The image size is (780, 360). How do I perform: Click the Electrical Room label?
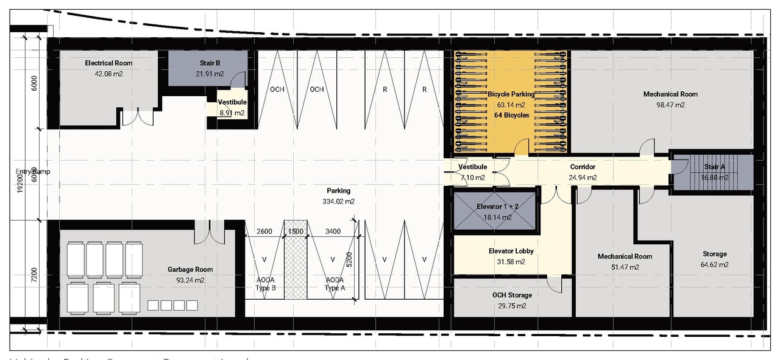pyautogui.click(x=108, y=63)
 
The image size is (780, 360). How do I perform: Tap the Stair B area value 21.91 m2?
pyautogui.click(x=210, y=74)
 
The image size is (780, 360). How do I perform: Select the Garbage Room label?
pyautogui.click(x=190, y=269)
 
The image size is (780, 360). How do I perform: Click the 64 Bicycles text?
pyautogui.click(x=511, y=115)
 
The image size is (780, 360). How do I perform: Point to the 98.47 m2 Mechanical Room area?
pyautogui.click(x=670, y=105)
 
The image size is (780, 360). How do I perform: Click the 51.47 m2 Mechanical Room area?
pyautogui.click(x=625, y=267)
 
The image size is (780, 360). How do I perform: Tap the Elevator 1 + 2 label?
pyautogui.click(x=497, y=207)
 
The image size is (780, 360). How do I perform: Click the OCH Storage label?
pyautogui.click(x=512, y=295)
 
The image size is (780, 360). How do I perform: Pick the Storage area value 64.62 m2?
pyautogui.click(x=714, y=265)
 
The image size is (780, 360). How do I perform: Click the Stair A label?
pyautogui.click(x=714, y=167)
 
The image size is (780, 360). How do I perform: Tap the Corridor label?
pyautogui.click(x=583, y=167)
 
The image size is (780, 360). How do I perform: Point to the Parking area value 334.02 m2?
pyautogui.click(x=338, y=202)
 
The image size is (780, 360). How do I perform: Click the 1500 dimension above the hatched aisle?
pyautogui.click(x=296, y=231)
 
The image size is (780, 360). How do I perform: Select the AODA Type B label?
pyautogui.click(x=264, y=284)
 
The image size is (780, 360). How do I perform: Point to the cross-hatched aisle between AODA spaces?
pyautogui.click(x=296, y=268)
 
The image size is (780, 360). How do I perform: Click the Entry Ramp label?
pyautogui.click(x=34, y=172)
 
